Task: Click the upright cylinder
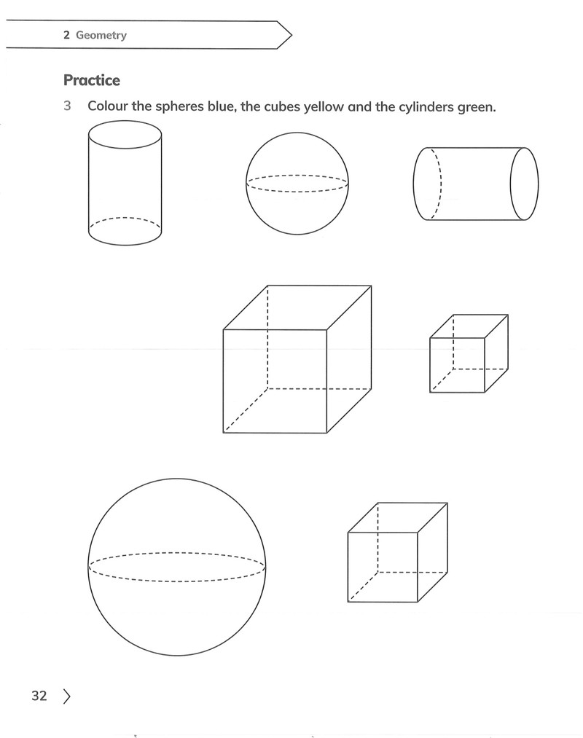(x=125, y=183)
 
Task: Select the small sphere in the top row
(x=297, y=184)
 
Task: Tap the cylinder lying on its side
(x=476, y=184)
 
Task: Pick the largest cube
(x=297, y=359)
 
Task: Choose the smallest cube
(x=469, y=353)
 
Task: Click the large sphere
(x=176, y=567)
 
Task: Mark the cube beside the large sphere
(x=397, y=552)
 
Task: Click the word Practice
(x=92, y=80)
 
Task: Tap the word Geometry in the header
(x=101, y=35)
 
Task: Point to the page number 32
(x=39, y=696)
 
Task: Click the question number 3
(x=67, y=106)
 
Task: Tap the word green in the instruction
(x=477, y=108)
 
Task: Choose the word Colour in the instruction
(x=108, y=106)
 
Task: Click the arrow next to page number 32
(x=66, y=696)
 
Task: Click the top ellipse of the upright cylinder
(x=125, y=135)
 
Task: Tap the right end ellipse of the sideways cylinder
(x=525, y=184)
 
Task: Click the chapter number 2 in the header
(x=66, y=35)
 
